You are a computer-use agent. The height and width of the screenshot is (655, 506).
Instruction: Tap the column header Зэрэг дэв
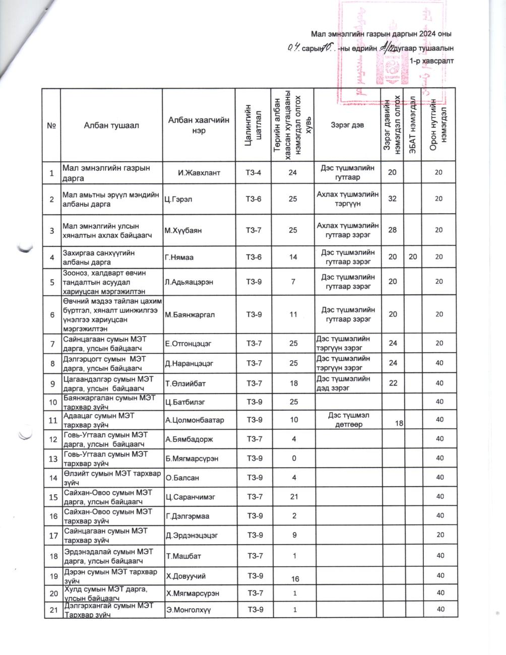pos(347,125)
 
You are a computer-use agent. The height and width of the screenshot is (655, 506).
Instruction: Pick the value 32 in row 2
pos(392,199)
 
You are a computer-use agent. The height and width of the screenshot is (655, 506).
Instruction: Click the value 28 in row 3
pos(392,230)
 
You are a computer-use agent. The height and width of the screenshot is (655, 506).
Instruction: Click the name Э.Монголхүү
pos(188,610)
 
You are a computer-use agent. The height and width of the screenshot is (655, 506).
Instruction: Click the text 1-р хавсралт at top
pos(432,61)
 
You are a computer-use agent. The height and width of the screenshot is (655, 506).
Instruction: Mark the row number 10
pos(52,402)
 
